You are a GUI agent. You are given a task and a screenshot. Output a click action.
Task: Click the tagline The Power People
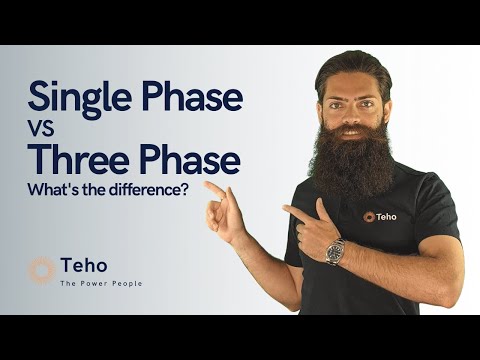pyautogui.click(x=101, y=284)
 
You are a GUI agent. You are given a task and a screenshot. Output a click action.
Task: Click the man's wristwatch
pyautogui.click(x=335, y=251)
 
